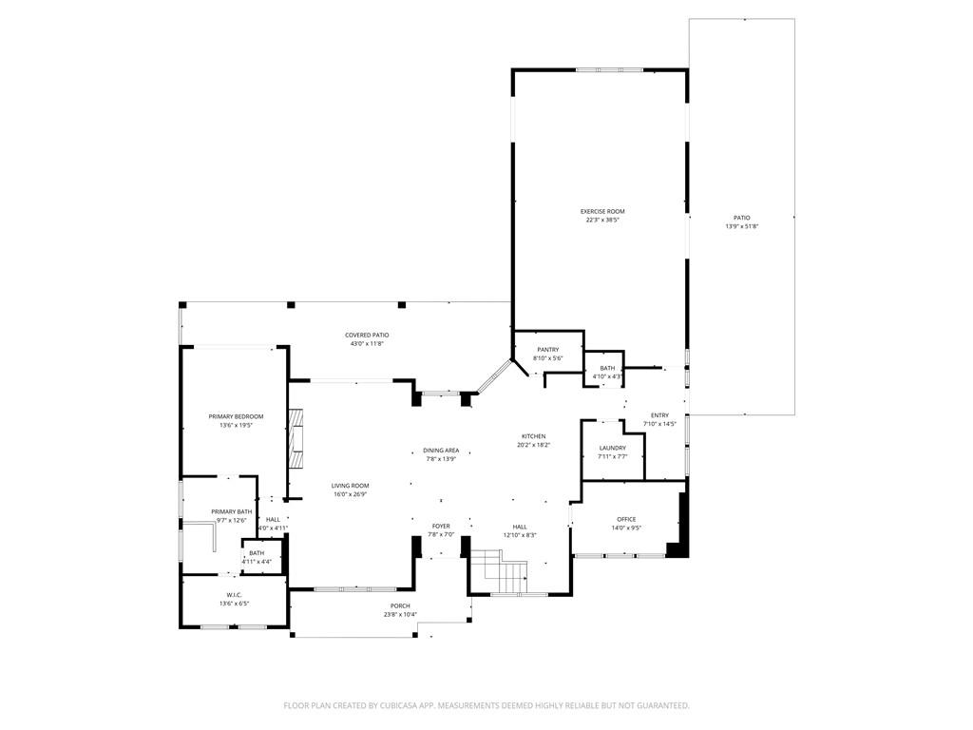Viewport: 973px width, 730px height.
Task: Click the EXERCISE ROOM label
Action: point(602,211)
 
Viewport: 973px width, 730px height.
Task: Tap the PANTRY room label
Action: point(547,350)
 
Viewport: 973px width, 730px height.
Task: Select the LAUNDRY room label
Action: point(612,448)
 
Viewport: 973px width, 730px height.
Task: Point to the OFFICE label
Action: point(626,519)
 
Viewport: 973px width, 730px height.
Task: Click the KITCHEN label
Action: point(533,436)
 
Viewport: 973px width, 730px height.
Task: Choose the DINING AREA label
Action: point(441,451)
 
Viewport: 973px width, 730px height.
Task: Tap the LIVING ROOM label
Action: point(350,486)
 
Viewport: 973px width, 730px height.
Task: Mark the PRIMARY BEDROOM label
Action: point(236,416)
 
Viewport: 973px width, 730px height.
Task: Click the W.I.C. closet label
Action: point(234,595)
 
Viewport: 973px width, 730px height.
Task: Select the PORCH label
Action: point(400,605)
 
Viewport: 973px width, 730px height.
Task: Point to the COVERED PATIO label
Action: point(367,335)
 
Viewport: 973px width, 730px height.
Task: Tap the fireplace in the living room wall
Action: point(298,439)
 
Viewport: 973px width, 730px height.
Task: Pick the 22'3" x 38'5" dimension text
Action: point(602,220)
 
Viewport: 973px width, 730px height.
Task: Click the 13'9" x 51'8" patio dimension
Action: point(741,226)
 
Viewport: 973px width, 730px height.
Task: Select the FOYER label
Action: point(441,526)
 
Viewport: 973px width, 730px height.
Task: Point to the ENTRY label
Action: point(659,415)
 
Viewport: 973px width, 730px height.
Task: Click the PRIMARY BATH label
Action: point(231,511)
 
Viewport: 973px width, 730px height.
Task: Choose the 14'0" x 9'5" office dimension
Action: point(626,528)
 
